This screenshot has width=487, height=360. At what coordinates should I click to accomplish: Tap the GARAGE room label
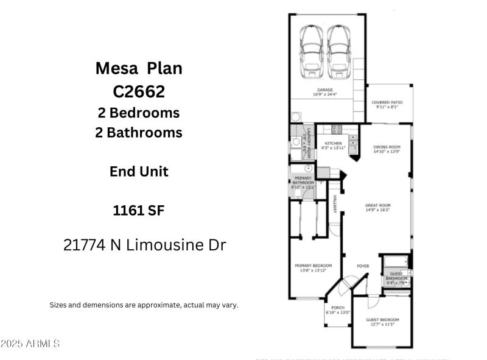point(324,90)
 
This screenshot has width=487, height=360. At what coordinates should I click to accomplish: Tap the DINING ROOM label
point(387,147)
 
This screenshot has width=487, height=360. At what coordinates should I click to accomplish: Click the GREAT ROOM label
point(377,205)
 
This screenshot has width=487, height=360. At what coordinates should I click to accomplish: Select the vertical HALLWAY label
point(334,204)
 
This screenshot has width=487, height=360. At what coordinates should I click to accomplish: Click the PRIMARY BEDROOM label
point(313,266)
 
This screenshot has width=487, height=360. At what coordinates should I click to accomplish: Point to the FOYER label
point(363,266)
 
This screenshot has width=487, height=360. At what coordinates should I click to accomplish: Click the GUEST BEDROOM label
point(382,320)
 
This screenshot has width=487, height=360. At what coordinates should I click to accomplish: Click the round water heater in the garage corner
point(295,117)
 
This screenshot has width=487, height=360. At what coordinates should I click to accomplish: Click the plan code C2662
point(138,91)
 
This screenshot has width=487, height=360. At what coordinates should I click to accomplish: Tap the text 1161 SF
point(138,211)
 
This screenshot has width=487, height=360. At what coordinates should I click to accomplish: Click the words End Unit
point(138,171)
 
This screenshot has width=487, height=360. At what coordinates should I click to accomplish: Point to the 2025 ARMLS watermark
point(30,344)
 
